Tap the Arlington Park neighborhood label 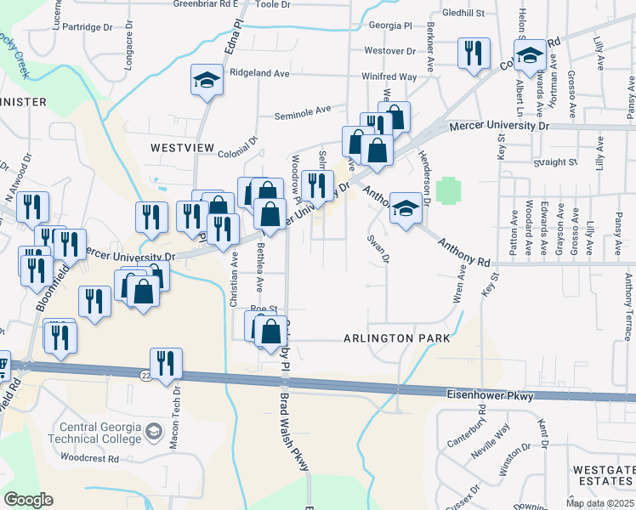[x=395, y=338]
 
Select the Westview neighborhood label [x=183, y=147]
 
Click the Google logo [x=28, y=499]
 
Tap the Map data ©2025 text [x=599, y=503]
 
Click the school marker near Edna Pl [x=205, y=81]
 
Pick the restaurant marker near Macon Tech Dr [x=165, y=363]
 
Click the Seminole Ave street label [x=302, y=110]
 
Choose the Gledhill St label [x=463, y=14]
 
